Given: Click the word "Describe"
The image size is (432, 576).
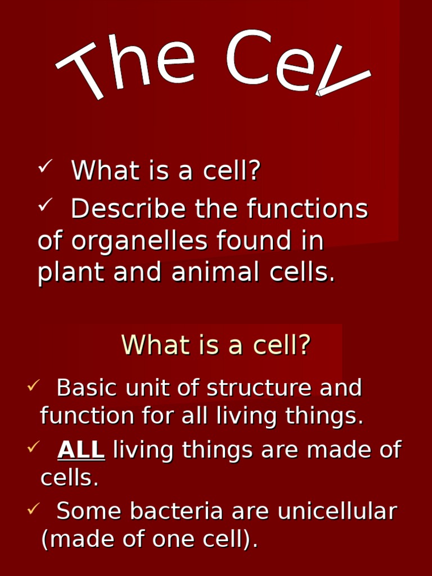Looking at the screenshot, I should pos(129,209).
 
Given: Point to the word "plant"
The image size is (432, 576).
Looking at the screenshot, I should pos(70,273).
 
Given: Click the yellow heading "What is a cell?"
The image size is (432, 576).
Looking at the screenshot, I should pos(216,345).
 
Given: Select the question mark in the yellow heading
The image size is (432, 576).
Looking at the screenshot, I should pos(304,345).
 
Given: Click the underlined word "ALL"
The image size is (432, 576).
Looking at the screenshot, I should pos(81,450).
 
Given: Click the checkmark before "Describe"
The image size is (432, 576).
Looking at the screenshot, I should pos(45,206).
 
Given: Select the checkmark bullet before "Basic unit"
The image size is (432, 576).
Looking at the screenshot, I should pos(33,385).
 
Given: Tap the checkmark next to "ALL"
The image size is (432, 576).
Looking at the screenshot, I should pos(33,447).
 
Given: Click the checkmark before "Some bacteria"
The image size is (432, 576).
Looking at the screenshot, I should pos(33,508).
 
